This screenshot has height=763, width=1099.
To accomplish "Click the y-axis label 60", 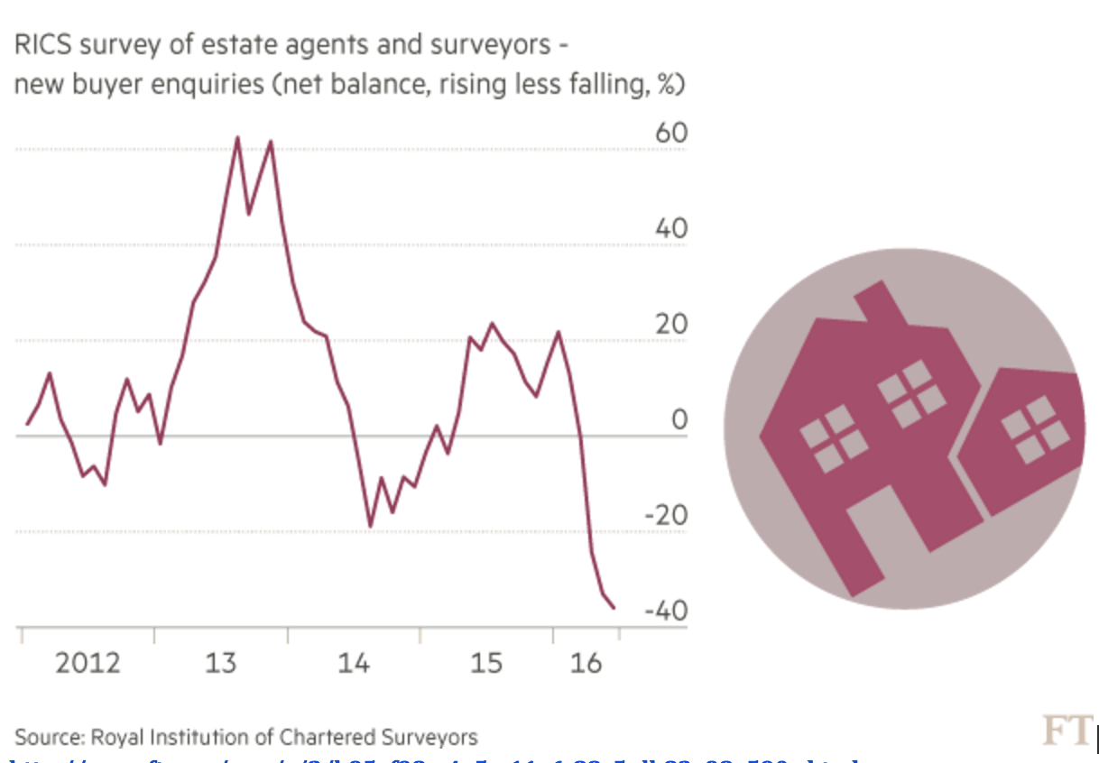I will click(671, 133).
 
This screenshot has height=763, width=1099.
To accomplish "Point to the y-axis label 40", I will click(671, 229).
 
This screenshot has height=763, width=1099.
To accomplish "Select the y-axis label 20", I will click(671, 325).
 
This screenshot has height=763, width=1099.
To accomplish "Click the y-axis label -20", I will click(666, 516).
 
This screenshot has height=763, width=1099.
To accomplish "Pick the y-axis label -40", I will click(666, 611).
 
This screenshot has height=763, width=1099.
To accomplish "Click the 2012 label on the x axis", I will click(88, 664).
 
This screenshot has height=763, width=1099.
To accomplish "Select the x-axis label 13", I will click(220, 664).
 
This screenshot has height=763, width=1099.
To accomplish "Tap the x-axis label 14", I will click(354, 664).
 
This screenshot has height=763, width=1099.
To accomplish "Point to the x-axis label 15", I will click(486, 664).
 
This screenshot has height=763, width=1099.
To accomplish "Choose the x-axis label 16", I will click(586, 664).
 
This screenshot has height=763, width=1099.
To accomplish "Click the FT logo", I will click(1067, 730).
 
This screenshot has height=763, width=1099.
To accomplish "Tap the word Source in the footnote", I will click(46, 737).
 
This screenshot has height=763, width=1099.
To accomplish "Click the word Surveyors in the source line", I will click(435, 737).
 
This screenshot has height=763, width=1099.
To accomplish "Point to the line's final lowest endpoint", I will click(614, 608).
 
